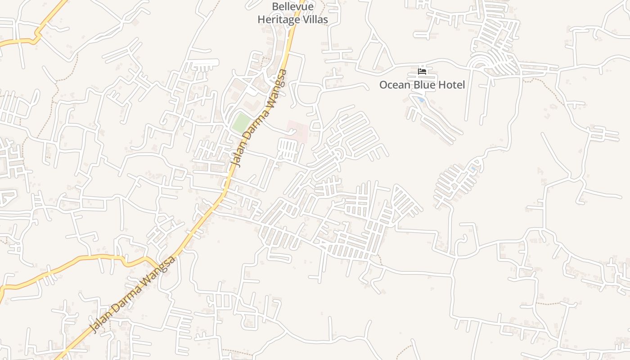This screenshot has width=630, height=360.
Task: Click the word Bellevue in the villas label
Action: coord(292,7)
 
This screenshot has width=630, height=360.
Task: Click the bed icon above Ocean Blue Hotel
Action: coord(422,71)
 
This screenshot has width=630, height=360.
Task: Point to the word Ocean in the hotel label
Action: coord(394,85)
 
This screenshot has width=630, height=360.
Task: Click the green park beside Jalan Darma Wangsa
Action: coord(241,122)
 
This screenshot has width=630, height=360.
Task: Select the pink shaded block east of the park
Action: coord(297,130)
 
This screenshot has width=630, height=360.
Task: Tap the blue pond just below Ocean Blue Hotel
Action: coord(420,99)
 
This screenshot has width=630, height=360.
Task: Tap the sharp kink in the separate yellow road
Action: coord(36,36)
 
